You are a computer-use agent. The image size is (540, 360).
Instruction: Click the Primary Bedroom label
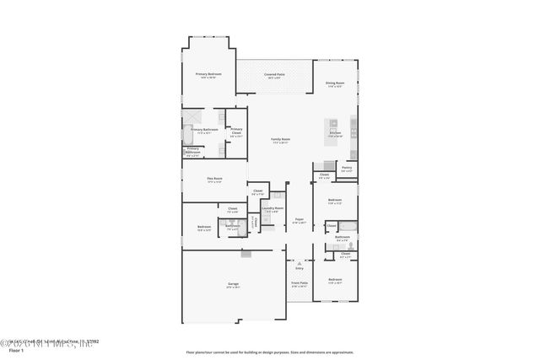(208, 75)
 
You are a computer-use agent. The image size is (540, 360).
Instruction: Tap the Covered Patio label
(274, 75)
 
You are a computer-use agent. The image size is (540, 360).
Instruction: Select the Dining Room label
(335, 83)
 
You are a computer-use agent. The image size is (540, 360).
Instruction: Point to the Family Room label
(280, 140)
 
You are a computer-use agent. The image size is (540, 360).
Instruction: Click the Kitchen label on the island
(335, 134)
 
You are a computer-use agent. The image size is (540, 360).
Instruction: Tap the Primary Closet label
(236, 132)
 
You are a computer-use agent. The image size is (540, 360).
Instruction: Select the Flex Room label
(214, 180)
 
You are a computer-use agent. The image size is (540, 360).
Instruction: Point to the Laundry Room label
(273, 208)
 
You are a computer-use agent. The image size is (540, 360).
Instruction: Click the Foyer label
(299, 221)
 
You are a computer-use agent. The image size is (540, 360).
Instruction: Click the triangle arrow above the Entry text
(299, 263)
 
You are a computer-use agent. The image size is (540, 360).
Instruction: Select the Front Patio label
(300, 284)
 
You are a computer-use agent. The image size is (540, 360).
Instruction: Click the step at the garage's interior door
(246, 253)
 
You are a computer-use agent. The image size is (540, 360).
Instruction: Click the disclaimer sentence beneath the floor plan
(270, 352)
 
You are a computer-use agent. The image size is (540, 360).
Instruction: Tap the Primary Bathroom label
(204, 131)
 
